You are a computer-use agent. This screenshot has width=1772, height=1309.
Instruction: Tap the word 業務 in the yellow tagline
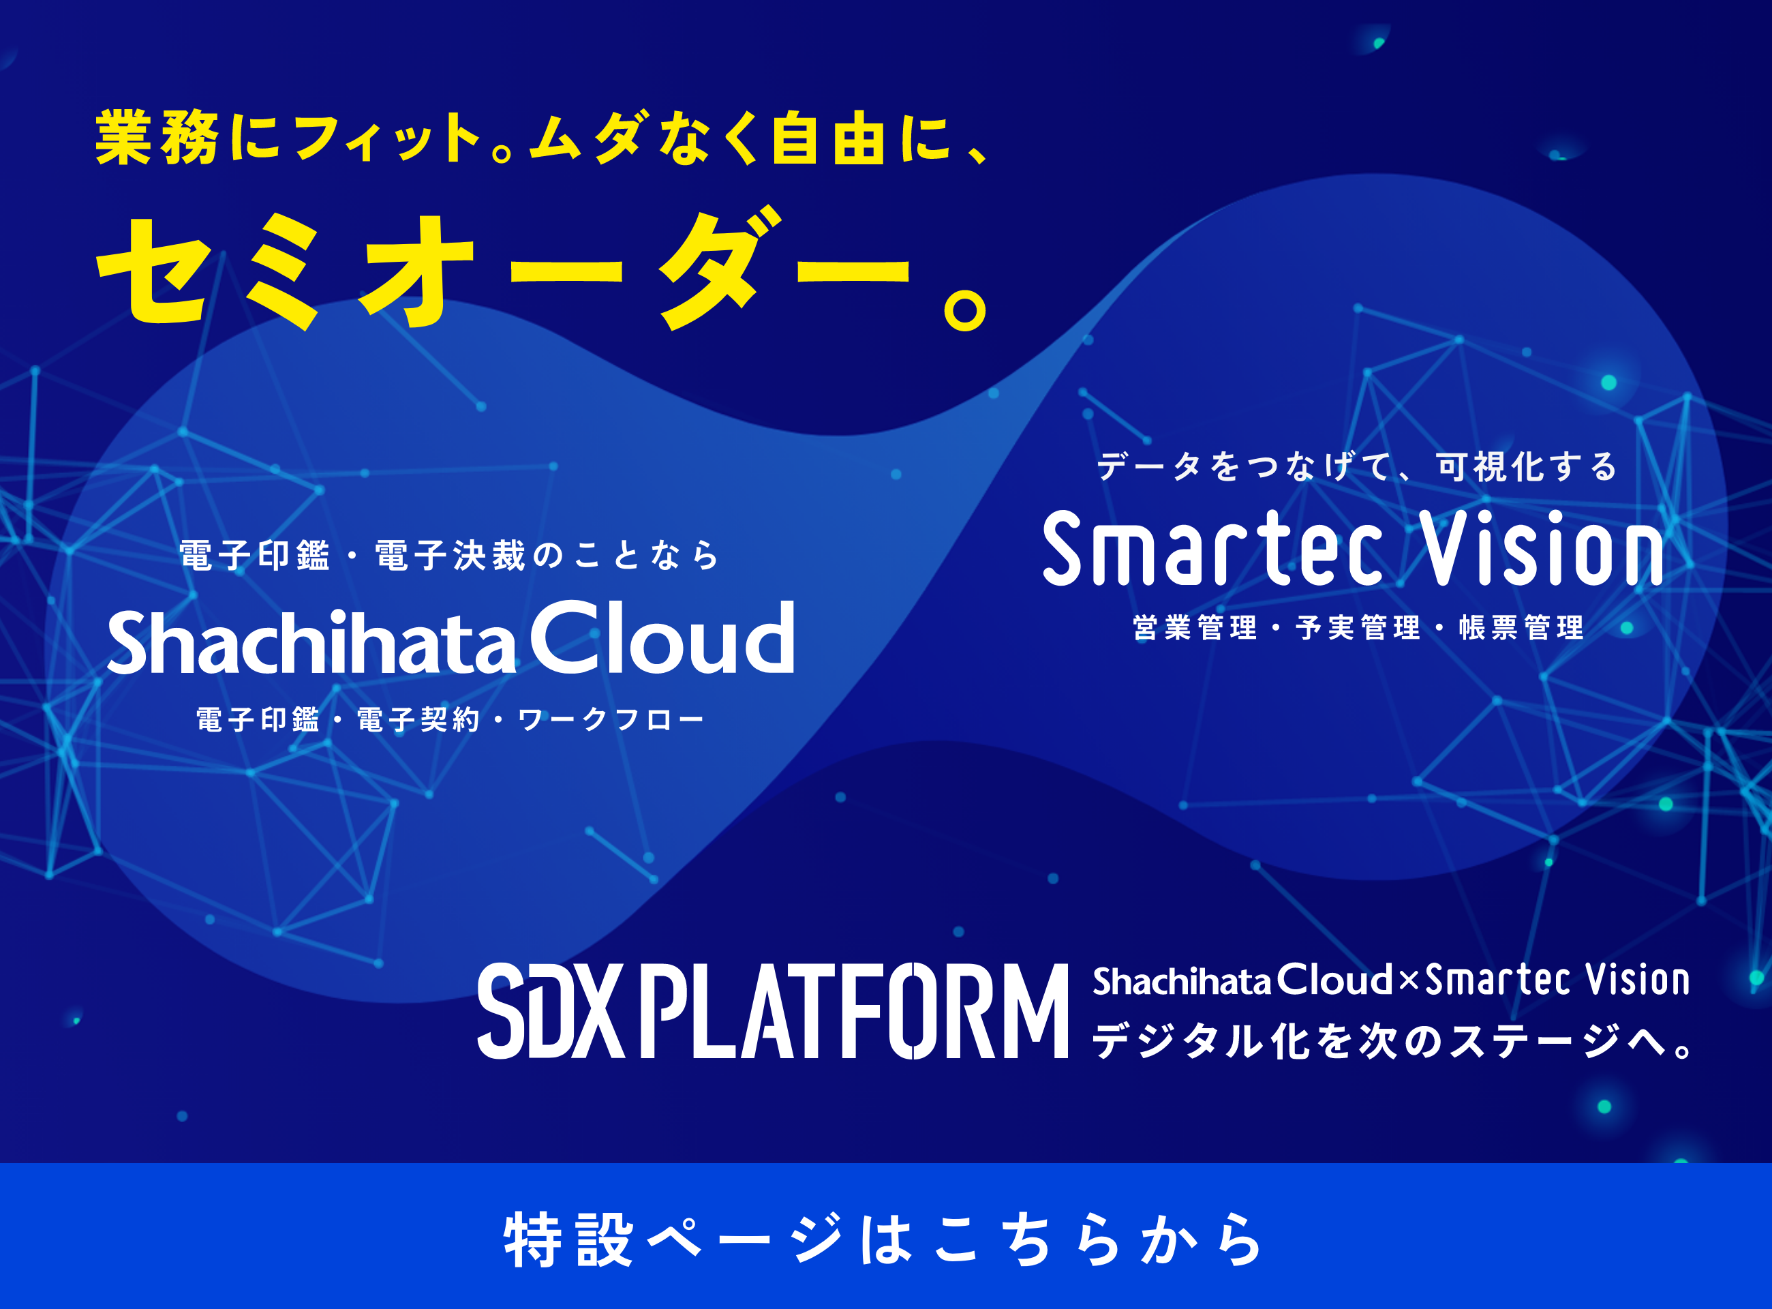click(x=157, y=138)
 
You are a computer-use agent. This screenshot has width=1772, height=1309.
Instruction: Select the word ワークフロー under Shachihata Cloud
click(x=611, y=719)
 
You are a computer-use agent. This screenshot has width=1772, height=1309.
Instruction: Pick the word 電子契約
click(x=418, y=719)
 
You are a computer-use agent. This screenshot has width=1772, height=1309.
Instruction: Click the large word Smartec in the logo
click(x=1212, y=549)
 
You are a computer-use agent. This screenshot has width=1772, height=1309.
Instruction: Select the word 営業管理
click(x=1195, y=627)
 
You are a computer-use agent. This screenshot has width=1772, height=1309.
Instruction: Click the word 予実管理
click(x=1358, y=627)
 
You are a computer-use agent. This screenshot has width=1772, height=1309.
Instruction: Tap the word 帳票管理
click(x=1521, y=627)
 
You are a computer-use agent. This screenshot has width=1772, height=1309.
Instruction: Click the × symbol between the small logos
click(x=1409, y=982)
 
